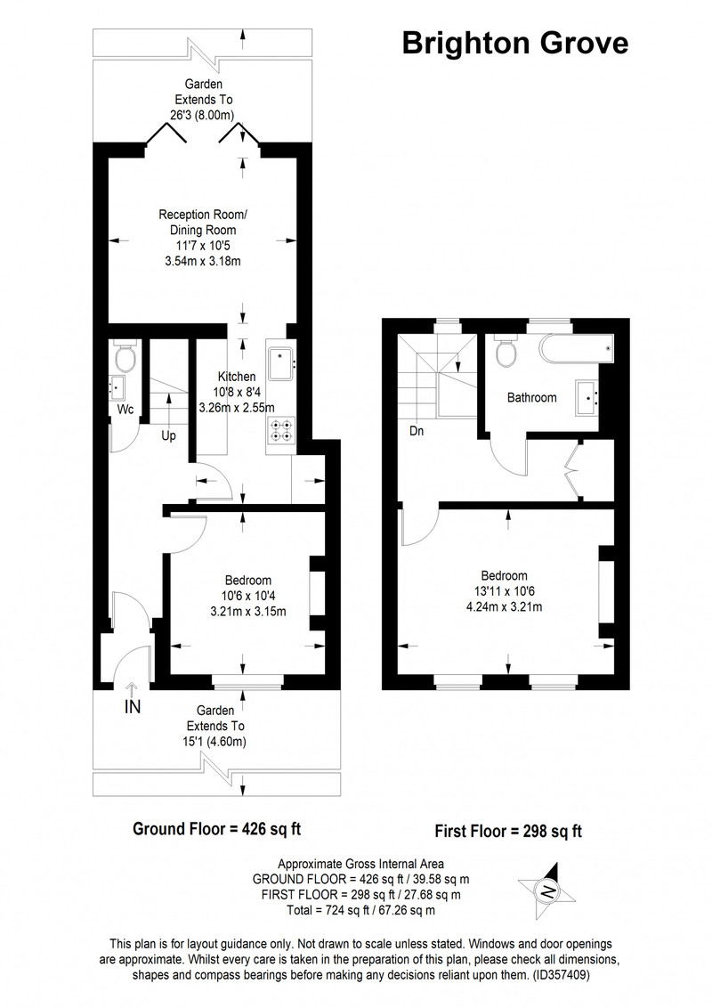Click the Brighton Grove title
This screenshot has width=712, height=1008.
[514, 44]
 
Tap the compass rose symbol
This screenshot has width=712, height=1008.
[546, 891]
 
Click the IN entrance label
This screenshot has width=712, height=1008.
[133, 707]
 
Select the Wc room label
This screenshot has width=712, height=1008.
[125, 409]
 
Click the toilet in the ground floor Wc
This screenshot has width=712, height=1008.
[125, 357]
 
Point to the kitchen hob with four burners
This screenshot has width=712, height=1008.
[281, 431]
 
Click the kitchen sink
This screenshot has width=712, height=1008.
[280, 364]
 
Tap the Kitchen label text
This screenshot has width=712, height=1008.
[237, 377]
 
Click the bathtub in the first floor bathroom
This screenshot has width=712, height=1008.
[577, 350]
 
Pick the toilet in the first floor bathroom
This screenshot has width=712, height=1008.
[506, 352]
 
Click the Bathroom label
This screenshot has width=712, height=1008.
[532, 398]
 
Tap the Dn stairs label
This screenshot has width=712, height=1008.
[417, 431]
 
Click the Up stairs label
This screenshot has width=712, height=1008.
[168, 435]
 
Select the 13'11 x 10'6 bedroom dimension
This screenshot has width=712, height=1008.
[505, 591]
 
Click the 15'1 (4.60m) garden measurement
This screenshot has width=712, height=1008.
[214, 741]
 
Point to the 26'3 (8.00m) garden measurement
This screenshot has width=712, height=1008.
[202, 115]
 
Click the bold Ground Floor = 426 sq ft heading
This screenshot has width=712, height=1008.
[216, 829]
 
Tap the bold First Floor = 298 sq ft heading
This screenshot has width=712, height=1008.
[508, 832]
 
